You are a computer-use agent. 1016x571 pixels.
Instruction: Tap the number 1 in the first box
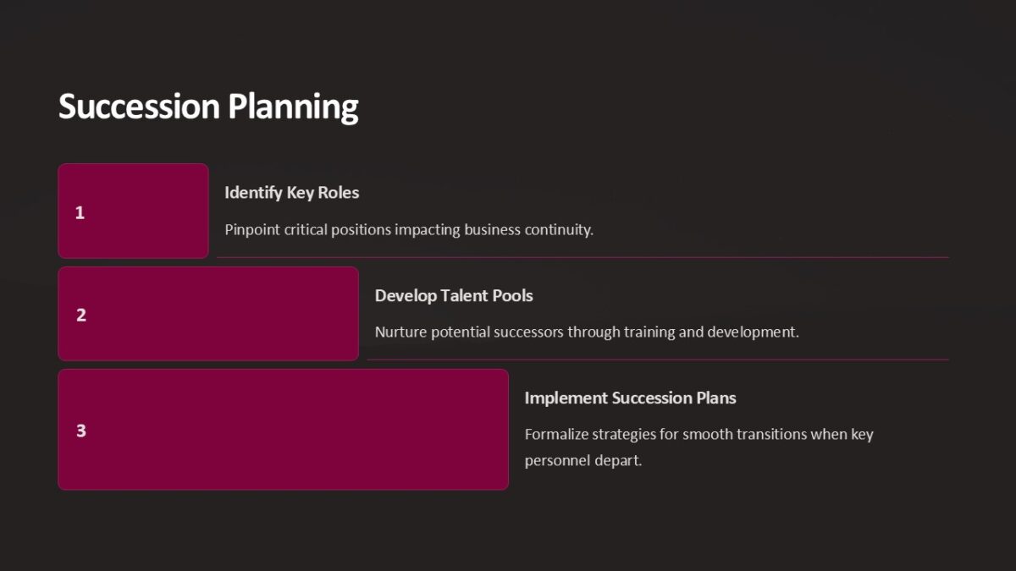pos(80,213)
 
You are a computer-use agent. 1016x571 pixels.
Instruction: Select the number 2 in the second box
pos(81,316)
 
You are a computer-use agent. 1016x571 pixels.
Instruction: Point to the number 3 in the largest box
pos(81,431)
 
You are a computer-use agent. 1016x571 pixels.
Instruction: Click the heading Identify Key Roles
pos(291,193)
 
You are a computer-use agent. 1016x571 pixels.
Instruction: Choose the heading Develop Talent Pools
pos(454,296)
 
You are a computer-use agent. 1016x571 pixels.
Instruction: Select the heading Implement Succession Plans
pos(630,398)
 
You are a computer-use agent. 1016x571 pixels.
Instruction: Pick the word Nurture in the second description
pos(400,332)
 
